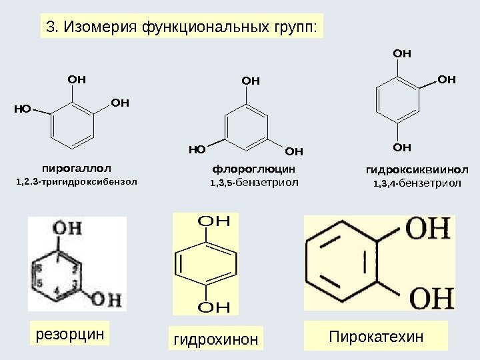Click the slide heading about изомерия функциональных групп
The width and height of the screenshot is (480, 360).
pos(180,27)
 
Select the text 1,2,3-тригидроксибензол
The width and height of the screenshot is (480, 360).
pos(75,181)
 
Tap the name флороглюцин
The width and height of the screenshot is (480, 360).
pos(253,169)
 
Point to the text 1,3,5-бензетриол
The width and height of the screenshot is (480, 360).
pos(254,181)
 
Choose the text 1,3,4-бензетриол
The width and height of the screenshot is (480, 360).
pos(417,181)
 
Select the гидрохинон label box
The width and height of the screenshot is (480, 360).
pos(215,340)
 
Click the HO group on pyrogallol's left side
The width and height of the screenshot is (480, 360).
pos(23,106)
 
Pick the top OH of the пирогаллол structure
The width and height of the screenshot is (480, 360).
pos(77,79)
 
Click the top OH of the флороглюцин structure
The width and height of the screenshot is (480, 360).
pos(249,81)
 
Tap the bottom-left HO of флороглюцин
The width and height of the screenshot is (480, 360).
pos(197,150)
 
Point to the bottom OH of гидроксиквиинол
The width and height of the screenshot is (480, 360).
pos(401,146)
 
